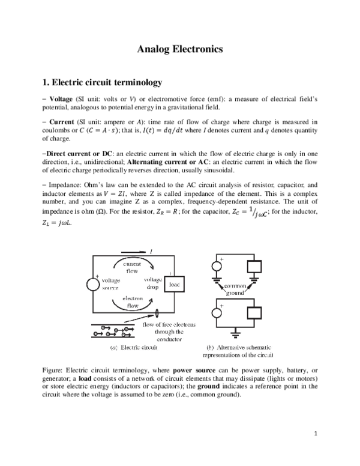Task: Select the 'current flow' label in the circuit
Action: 132,267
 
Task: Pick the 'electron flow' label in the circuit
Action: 132,301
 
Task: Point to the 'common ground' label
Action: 235,289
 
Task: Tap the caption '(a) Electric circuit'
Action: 133,348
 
